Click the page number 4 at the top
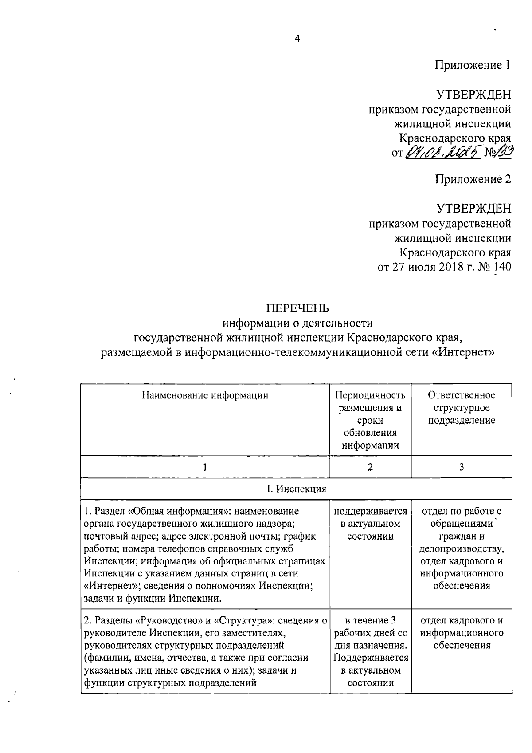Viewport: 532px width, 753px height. tap(297, 39)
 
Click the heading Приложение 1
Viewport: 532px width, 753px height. tap(473, 65)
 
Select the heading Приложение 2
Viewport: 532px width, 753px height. tap(473, 179)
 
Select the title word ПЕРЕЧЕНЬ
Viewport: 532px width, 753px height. tap(297, 308)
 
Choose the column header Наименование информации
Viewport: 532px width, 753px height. tap(205, 395)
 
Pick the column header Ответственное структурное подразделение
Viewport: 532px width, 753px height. tap(462, 407)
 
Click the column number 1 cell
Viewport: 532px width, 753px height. tap(205, 467)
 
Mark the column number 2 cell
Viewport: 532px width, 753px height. tap(370, 467)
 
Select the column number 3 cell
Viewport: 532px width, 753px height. tap(462, 467)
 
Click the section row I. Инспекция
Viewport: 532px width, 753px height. tap(296, 489)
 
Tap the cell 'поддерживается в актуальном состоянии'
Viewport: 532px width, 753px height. tap(370, 524)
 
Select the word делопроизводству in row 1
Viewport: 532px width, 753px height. tap(462, 549)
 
